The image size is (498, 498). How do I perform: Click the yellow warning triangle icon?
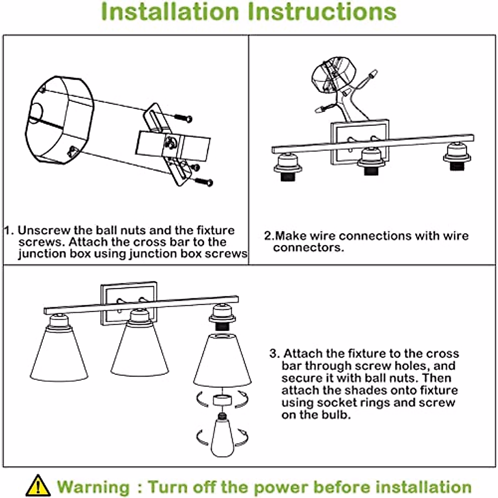pyautogui.click(x=38, y=486)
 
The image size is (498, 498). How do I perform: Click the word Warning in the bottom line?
pyautogui.click(x=93, y=487)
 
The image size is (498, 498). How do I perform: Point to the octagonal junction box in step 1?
pyautogui.click(x=60, y=120)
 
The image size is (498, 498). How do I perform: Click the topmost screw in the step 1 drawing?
pyautogui.click(x=183, y=118)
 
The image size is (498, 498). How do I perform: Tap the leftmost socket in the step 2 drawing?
pyautogui.click(x=288, y=166)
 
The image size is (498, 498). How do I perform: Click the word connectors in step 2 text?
pyautogui.click(x=308, y=248)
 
